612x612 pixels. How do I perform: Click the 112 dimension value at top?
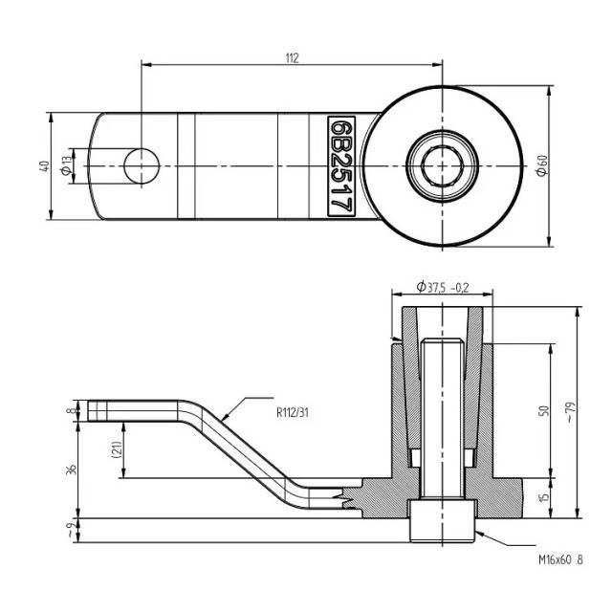(x=292, y=58)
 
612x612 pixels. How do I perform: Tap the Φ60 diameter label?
(x=542, y=165)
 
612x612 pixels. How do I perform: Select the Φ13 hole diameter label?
(x=67, y=165)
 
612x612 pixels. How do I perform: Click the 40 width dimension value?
(x=45, y=166)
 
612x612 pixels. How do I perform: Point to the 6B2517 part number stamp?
(x=341, y=166)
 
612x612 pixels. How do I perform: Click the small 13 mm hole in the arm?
(x=142, y=165)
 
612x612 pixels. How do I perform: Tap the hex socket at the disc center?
(x=442, y=166)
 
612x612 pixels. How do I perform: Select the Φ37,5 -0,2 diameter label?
(x=442, y=287)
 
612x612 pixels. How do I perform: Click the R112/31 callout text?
(x=293, y=412)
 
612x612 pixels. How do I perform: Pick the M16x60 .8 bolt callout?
(x=561, y=559)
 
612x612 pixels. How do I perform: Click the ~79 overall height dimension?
(x=571, y=412)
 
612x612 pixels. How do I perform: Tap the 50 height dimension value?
(x=544, y=411)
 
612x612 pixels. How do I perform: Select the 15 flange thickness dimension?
(x=544, y=497)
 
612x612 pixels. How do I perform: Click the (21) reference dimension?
(x=117, y=450)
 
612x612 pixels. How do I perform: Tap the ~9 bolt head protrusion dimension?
(x=72, y=532)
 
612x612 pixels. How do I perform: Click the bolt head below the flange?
(x=442, y=521)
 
